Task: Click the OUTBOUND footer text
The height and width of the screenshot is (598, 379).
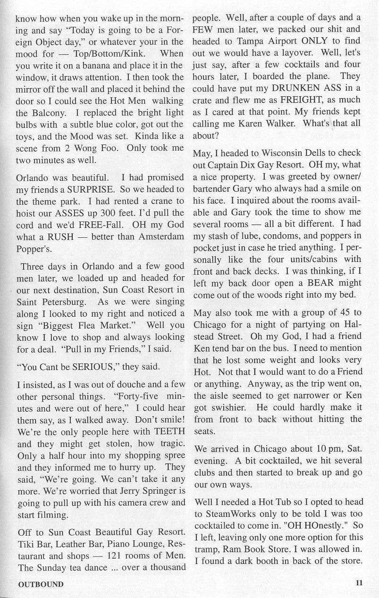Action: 41,584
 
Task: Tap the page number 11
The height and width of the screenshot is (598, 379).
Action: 359,582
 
